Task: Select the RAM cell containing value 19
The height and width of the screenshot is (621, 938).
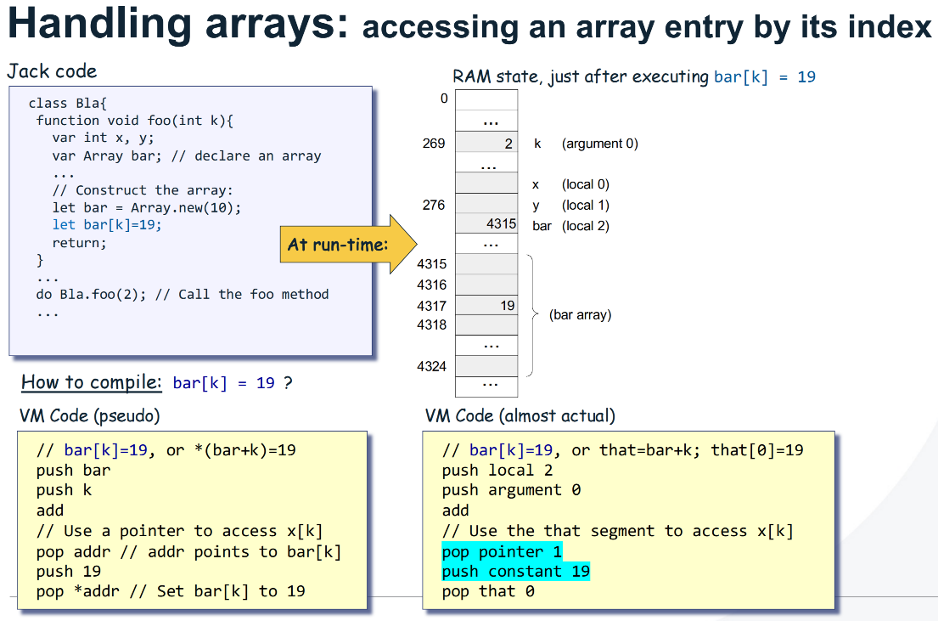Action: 486,306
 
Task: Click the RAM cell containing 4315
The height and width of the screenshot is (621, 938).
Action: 486,224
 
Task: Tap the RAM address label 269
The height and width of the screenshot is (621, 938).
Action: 434,144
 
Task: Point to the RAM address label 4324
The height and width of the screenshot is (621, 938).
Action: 432,367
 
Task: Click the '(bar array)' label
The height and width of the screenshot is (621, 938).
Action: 581,314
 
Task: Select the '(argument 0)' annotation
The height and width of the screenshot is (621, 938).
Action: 599,144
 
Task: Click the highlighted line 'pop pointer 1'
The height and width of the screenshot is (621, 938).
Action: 502,551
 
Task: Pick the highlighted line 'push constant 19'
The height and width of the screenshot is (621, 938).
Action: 515,572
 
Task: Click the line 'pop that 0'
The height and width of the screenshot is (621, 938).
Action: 487,591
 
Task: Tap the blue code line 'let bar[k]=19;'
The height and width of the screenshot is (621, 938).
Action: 107,225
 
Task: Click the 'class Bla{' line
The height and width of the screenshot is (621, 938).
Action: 68,103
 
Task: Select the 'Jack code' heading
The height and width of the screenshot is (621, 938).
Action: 53,71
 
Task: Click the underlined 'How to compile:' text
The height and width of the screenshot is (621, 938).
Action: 91,382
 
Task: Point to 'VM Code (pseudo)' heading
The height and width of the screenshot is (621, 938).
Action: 89,415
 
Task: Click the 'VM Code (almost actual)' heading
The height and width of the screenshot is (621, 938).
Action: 520,415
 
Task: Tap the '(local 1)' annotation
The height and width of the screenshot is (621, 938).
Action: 585,205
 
